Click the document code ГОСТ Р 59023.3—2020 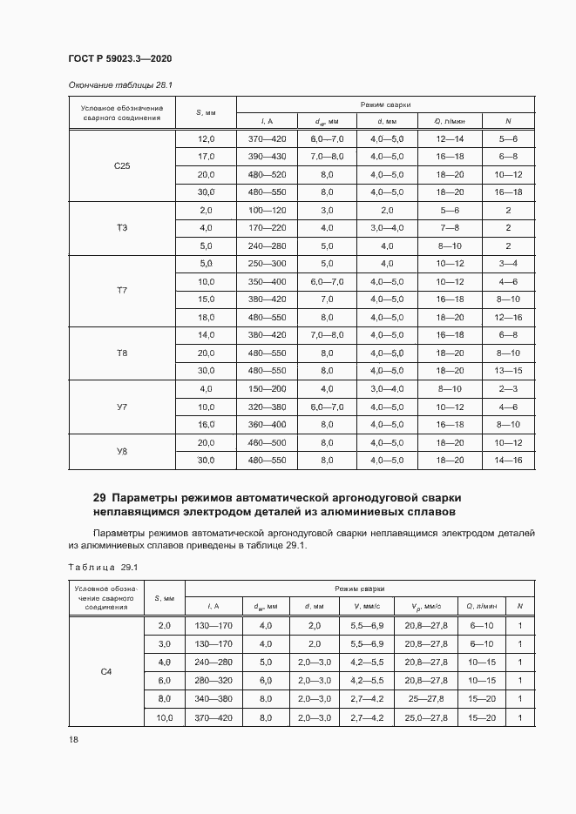pos(119,58)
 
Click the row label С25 pos(122,165)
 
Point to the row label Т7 pos(122,291)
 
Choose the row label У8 pos(122,451)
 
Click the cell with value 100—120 pos(267,210)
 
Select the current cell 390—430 pos(267,157)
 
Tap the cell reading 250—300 pos(267,264)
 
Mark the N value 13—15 pos(507,371)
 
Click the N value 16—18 pos(507,192)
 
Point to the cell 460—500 pos(267,442)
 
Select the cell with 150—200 pos(267,388)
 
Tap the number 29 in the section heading pos(99,498)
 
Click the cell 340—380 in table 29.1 pos(213,698)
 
